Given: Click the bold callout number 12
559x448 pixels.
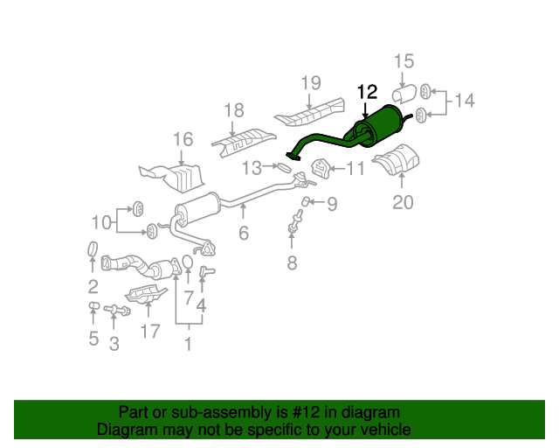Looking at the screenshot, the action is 367,92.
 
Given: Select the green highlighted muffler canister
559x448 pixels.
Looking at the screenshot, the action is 378,125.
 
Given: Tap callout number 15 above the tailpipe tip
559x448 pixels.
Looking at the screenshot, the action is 404,61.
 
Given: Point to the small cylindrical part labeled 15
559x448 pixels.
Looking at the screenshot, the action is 404,94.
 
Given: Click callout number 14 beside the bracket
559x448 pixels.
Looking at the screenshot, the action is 464,101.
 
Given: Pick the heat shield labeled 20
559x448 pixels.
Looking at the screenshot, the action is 397,159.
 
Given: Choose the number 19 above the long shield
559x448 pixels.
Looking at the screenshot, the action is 311,83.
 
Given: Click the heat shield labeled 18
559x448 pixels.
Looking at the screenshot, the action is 244,143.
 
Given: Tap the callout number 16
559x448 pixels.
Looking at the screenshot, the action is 183,139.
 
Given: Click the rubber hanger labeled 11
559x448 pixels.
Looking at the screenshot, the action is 321,168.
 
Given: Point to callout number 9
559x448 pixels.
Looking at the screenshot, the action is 332,204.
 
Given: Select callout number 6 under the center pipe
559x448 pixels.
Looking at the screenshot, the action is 244,233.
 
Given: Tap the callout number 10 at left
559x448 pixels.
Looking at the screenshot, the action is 101,222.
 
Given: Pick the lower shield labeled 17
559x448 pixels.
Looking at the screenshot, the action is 146,294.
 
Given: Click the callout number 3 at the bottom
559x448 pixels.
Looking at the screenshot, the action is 114,344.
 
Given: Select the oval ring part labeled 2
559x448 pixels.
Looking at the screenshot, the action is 93,248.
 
